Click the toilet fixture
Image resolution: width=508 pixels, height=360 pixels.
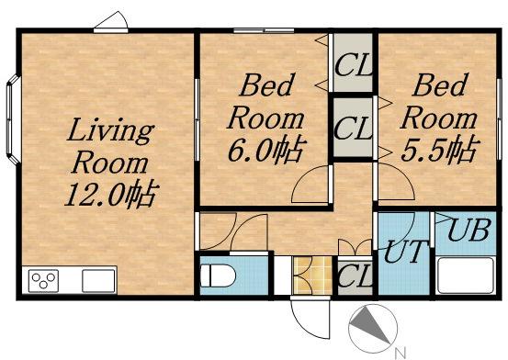point(218,276)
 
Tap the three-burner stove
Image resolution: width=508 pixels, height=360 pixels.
point(43,280)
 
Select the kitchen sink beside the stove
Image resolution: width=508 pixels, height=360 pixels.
point(98,281)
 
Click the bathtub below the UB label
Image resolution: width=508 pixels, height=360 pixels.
point(466,276)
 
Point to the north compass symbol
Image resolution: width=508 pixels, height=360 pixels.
point(373,328)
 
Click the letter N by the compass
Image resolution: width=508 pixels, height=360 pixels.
point(401,353)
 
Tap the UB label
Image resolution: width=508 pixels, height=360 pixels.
point(468,231)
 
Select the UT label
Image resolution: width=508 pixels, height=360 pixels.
point(404,251)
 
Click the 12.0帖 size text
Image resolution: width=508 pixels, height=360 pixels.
point(112,195)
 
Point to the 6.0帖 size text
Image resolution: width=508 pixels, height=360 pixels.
point(267,150)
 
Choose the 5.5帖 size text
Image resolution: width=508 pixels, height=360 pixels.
point(440,150)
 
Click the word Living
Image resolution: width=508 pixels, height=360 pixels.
point(110,130)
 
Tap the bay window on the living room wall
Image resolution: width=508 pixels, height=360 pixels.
point(14,120)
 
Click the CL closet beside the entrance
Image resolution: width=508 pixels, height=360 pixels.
point(355,276)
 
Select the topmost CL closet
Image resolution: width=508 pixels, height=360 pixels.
point(353,62)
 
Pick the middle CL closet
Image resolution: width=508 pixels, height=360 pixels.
point(353,128)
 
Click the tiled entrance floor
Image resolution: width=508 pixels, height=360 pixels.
point(312,276)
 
